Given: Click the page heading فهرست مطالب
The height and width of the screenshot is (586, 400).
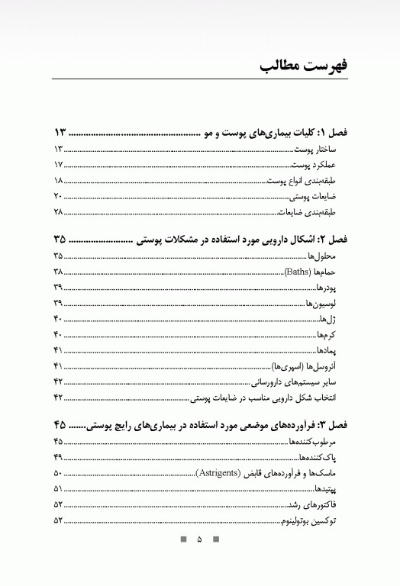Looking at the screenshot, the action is (x=305, y=65).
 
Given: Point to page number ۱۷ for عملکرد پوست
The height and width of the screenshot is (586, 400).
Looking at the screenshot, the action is (x=58, y=165).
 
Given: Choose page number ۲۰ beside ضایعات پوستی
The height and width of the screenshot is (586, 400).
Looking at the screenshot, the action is (x=58, y=196).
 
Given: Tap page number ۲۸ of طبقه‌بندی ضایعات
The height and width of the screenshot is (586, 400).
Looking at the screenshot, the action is (x=58, y=212).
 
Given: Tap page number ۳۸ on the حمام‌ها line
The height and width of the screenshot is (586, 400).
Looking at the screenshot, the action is (x=58, y=272).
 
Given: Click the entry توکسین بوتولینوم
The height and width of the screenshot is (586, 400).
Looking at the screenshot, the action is (x=315, y=520).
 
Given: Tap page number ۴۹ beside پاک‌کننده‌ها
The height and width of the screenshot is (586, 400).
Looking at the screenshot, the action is (x=58, y=457).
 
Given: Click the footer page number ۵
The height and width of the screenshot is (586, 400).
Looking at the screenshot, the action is (x=199, y=539).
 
